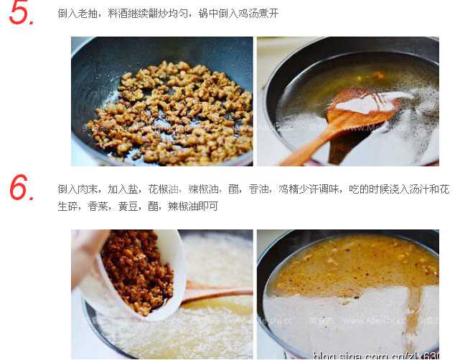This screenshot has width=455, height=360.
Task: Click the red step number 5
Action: tap(22, 13)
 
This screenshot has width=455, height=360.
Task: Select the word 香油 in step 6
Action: tap(260, 189)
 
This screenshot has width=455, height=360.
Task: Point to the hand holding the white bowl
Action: tap(86, 247)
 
